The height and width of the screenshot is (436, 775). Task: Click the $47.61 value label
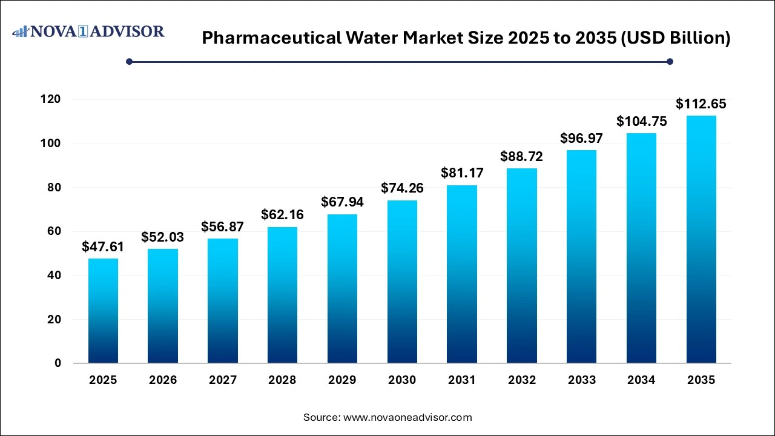tap(103, 247)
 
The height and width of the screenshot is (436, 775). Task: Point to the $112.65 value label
tap(701, 104)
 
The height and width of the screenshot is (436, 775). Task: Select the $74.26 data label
tap(402, 188)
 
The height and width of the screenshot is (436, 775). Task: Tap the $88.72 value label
tap(521, 157)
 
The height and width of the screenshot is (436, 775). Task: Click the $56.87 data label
tap(223, 226)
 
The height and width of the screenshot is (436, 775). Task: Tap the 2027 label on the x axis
tap(223, 380)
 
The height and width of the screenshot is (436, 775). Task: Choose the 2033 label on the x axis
tap(581, 380)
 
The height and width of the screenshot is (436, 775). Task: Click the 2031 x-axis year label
tap(462, 380)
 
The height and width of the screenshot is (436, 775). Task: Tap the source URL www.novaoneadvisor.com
tap(407, 417)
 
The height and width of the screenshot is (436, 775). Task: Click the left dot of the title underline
tap(129, 61)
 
